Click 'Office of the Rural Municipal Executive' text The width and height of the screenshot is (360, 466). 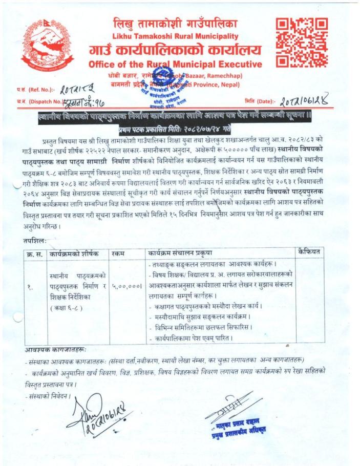point(175,65)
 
